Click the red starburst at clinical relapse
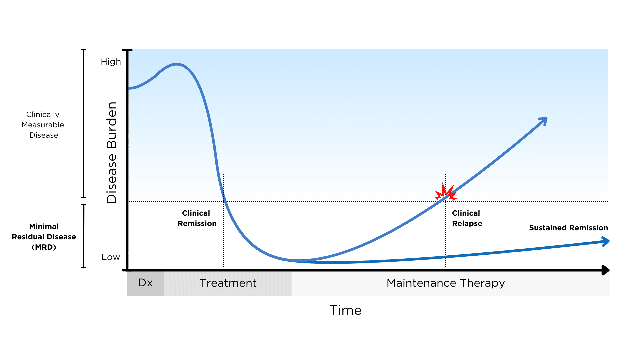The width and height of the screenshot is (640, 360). [x=446, y=193]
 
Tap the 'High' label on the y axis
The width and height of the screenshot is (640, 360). [x=111, y=62]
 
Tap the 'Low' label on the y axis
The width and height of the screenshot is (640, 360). [x=111, y=257]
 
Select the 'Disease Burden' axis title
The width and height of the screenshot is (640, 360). [x=112, y=153]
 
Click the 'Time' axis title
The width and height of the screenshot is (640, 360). [x=345, y=310]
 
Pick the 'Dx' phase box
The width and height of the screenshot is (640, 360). [x=145, y=283]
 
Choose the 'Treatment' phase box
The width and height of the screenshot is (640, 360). [x=228, y=283]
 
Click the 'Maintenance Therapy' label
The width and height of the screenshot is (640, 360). [x=446, y=283]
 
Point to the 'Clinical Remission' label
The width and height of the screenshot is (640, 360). [x=197, y=218]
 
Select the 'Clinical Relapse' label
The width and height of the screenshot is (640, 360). [x=467, y=218]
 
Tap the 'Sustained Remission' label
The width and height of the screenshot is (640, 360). [x=569, y=228]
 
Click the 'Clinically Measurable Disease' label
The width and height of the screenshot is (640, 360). [x=43, y=125]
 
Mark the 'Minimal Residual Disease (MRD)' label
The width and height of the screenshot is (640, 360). [x=44, y=237]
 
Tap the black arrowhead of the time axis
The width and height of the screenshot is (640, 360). [x=606, y=270]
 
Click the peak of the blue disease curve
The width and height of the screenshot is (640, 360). [x=176, y=64]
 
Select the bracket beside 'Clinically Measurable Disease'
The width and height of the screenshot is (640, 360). [x=84, y=123]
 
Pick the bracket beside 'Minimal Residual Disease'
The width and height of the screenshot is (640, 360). [x=84, y=236]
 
